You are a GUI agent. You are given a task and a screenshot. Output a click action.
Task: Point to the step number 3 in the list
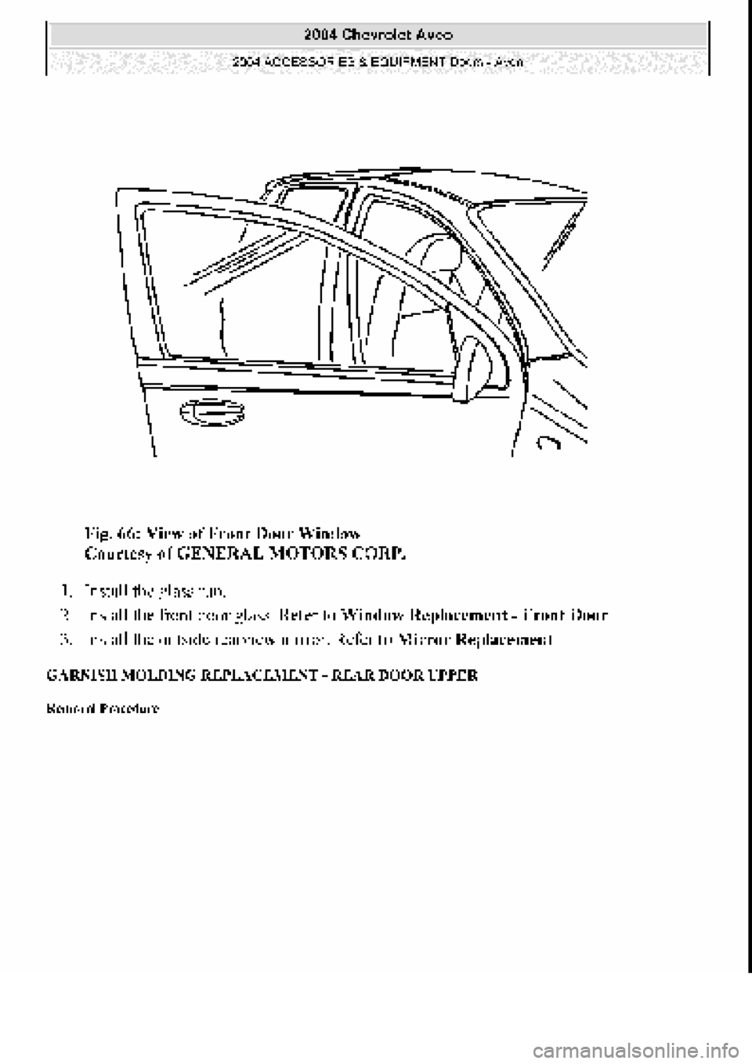coord(64,639)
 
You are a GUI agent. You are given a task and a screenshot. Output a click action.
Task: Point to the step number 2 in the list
coord(64,613)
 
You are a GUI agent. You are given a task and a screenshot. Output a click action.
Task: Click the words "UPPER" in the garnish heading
coord(455,675)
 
